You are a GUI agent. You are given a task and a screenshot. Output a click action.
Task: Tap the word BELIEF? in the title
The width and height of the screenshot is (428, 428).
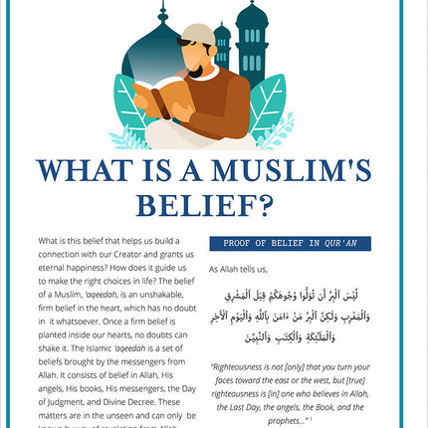(x=213, y=205)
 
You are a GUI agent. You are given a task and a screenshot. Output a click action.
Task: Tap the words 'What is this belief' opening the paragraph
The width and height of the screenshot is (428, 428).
(x=71, y=242)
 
